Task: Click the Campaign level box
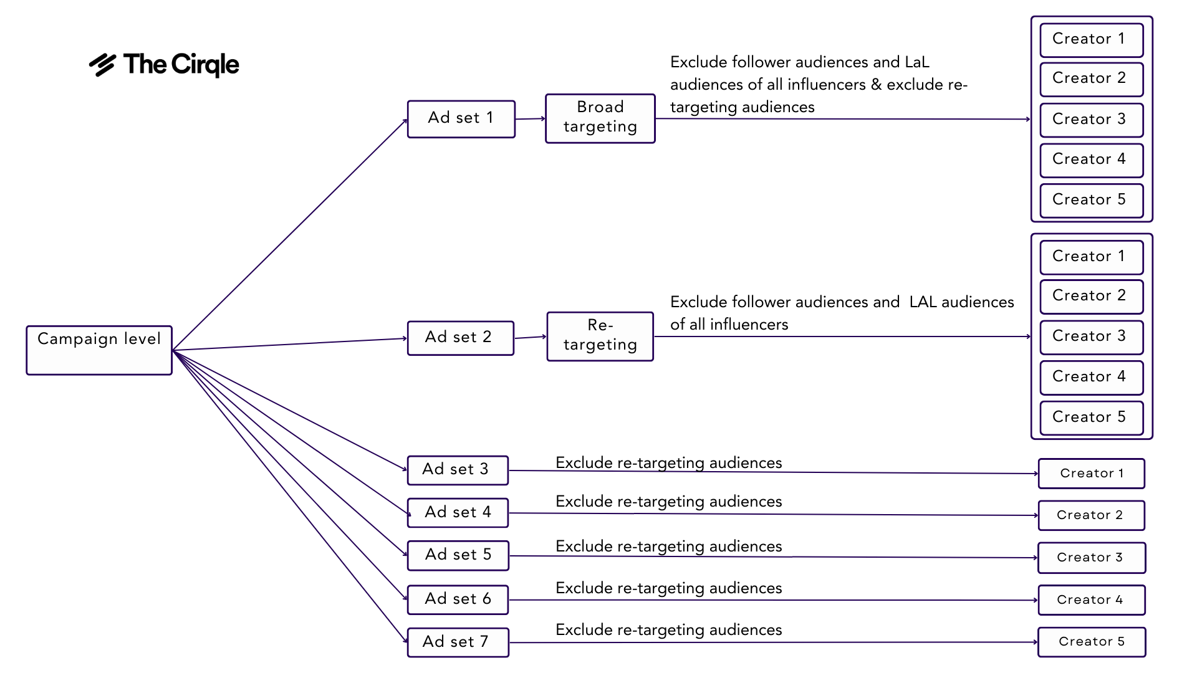point(99,350)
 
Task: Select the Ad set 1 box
point(461,119)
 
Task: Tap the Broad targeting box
point(600,118)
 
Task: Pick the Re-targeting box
point(600,336)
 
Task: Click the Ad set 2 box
point(461,338)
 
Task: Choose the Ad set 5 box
point(458,555)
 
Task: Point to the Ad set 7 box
point(458,642)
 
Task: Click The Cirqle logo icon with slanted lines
point(103,65)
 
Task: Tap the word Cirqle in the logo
point(205,65)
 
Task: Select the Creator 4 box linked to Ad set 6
point(1092,600)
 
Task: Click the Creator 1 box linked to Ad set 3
point(1092,474)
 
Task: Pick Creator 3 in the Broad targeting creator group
point(1092,120)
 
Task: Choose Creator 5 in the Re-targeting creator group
point(1092,418)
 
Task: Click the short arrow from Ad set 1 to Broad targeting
point(530,118)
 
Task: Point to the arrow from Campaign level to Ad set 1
point(290,235)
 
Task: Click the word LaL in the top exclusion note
point(916,62)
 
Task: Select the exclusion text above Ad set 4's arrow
point(668,502)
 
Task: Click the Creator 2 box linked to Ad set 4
point(1092,515)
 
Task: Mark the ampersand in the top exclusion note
point(877,85)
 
